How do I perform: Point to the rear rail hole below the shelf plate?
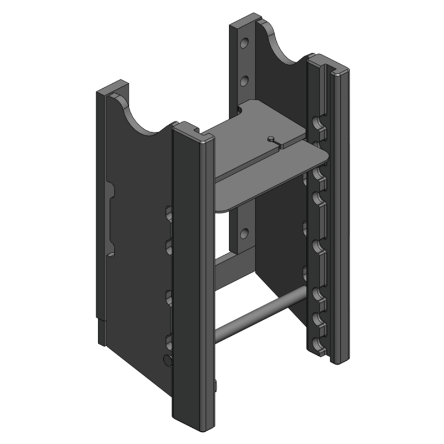(243, 231)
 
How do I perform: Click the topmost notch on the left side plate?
(169, 213)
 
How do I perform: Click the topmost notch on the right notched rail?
(318, 122)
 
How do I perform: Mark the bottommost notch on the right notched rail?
(318, 345)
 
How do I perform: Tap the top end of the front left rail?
(193, 131)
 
